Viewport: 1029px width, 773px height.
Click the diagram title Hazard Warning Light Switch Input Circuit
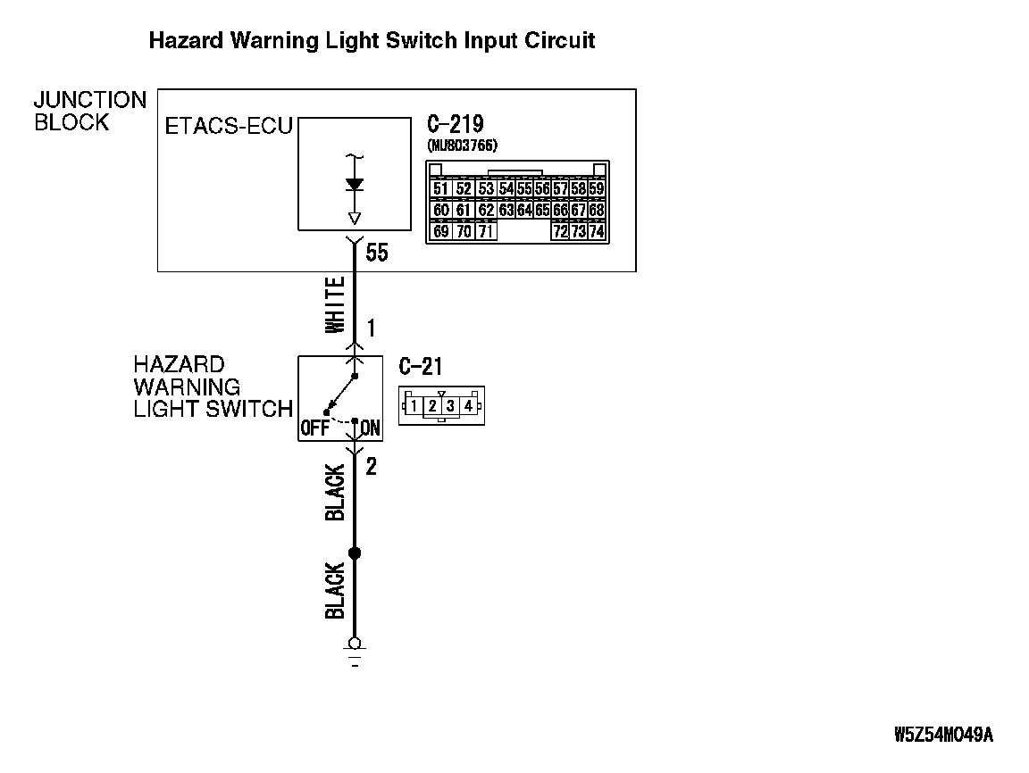371,41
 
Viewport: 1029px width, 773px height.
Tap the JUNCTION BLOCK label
89,112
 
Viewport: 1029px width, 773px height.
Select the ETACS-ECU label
229,126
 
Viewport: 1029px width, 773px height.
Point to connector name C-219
456,124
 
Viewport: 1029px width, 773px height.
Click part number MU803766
462,145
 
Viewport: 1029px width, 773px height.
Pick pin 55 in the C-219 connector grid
524,188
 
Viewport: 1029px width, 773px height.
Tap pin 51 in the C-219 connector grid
440,188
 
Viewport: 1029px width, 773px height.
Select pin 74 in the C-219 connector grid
597,231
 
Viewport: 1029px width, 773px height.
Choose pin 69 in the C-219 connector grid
440,231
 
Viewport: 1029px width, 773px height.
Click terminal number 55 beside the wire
377,253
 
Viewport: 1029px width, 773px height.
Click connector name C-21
420,366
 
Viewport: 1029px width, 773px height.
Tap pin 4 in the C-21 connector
468,406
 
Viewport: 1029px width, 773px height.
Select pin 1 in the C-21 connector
414,406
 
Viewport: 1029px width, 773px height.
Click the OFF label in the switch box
314,428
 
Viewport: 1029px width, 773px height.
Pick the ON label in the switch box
371,428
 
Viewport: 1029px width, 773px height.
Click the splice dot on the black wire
355,553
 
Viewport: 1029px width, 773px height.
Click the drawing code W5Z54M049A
943,735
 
